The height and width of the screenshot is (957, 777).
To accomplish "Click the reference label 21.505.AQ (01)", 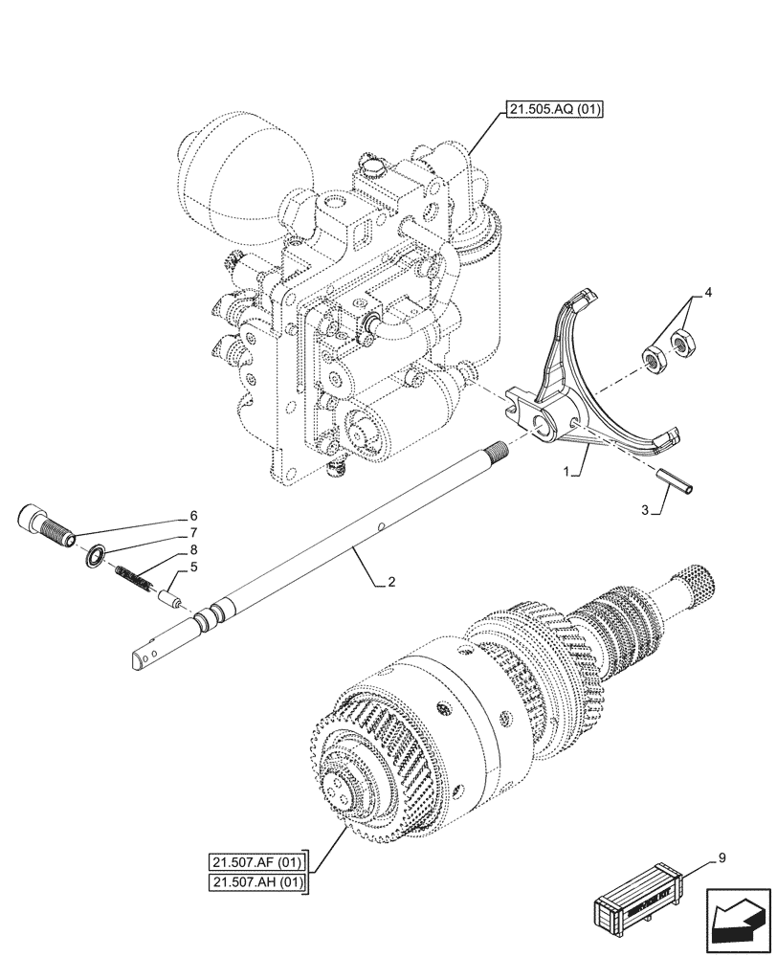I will pos(549,109).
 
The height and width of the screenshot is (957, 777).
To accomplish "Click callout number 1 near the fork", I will pos(567,472).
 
